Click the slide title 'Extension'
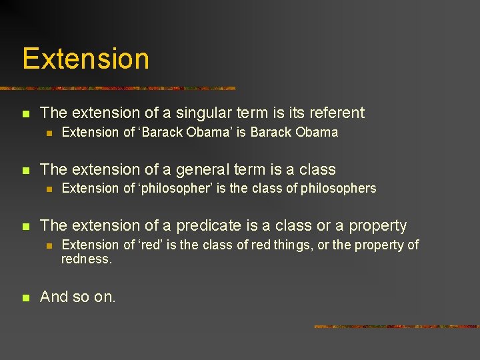click(x=85, y=59)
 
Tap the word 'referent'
click(x=333, y=113)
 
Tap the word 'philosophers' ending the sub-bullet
click(x=338, y=189)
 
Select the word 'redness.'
click(x=87, y=259)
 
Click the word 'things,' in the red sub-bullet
click(x=289, y=245)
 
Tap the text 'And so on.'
click(x=78, y=297)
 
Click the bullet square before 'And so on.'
click(x=25, y=298)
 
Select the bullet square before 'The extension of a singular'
click(x=25, y=114)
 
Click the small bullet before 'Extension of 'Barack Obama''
click(x=48, y=133)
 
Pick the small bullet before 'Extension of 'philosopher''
click(x=48, y=189)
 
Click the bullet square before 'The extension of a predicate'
click(x=25, y=227)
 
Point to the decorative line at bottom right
click(x=396, y=327)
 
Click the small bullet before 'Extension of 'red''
click(x=48, y=246)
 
